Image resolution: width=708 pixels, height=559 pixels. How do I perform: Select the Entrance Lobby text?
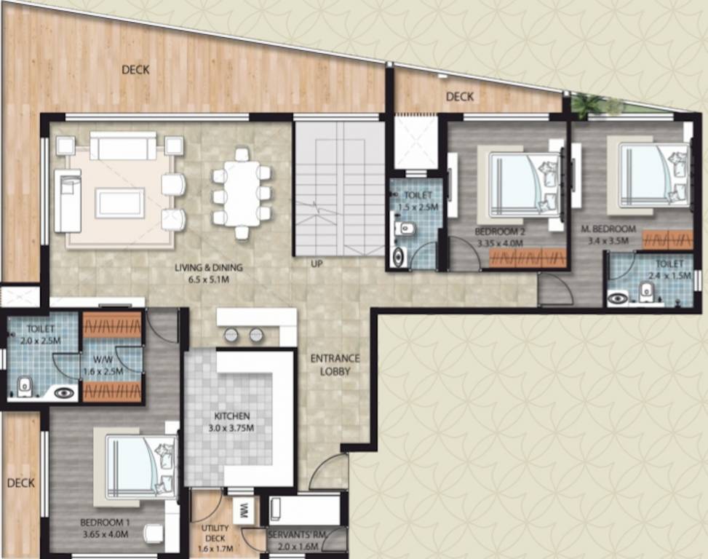tap(335, 365)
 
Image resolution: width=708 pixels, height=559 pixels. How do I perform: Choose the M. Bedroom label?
tap(608, 229)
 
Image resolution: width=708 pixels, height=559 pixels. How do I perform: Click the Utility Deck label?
tap(215, 534)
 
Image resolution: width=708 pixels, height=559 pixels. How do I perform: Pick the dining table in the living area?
tap(241, 193)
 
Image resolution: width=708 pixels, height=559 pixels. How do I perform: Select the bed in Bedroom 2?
tap(524, 184)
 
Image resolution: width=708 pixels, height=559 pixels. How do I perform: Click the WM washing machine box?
tap(244, 510)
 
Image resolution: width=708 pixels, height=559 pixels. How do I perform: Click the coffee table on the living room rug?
tap(120, 202)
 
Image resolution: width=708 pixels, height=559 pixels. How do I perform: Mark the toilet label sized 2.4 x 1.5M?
tap(669, 269)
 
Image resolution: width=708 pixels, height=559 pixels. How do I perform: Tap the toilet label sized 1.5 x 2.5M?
tap(417, 202)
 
